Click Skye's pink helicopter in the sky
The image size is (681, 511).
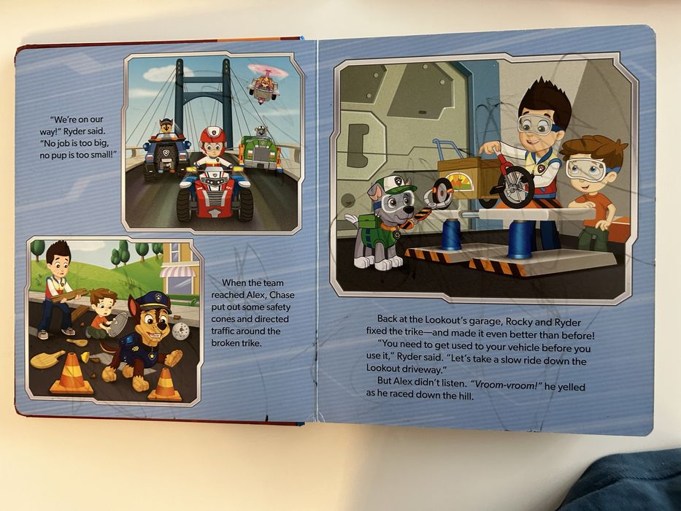pyautogui.click(x=264, y=83)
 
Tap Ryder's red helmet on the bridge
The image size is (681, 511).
pyautogui.click(x=213, y=135)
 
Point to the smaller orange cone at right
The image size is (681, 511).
pyautogui.click(x=165, y=384)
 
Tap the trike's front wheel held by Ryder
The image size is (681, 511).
pyautogui.click(x=515, y=187)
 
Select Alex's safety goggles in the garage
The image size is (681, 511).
pyautogui.click(x=586, y=169)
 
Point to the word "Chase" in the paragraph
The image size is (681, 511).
pyautogui.click(x=282, y=295)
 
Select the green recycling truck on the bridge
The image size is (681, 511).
pyautogui.click(x=260, y=151)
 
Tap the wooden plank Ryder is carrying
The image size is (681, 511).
pyautogui.click(x=69, y=296)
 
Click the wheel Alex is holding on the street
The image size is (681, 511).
pyautogui.click(x=118, y=324)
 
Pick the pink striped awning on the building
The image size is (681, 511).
pyautogui.click(x=177, y=272)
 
